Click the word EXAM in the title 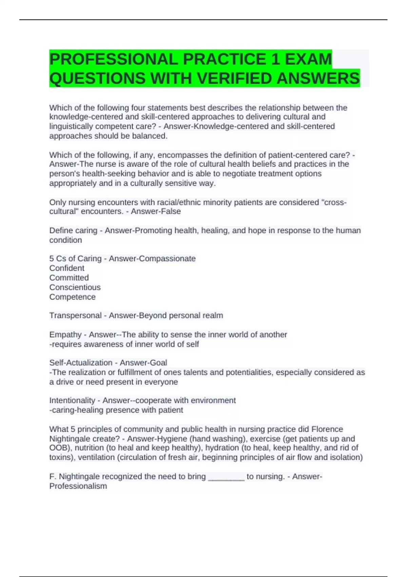(x=308, y=59)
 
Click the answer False (x=170, y=211)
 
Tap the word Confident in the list (x=67, y=268)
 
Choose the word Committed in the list (x=69, y=277)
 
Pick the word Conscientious (x=75, y=287)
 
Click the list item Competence (x=72, y=297)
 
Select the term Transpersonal (x=75, y=315)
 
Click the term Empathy (x=65, y=334)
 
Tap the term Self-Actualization (x=81, y=362)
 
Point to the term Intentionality (x=72, y=400)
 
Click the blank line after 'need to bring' (x=226, y=477)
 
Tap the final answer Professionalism (x=78, y=486)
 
